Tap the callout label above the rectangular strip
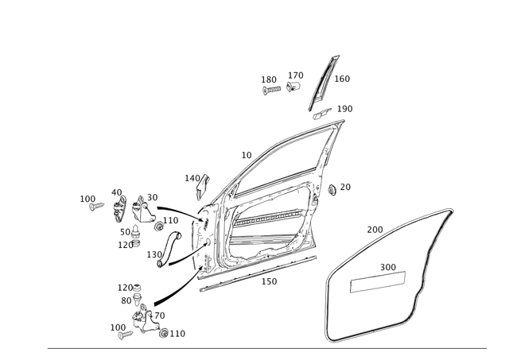(387, 265)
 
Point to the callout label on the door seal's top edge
(371, 229)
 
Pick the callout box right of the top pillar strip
(344, 79)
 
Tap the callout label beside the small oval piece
(346, 107)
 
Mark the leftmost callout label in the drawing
(86, 197)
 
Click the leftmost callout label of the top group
(268, 79)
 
